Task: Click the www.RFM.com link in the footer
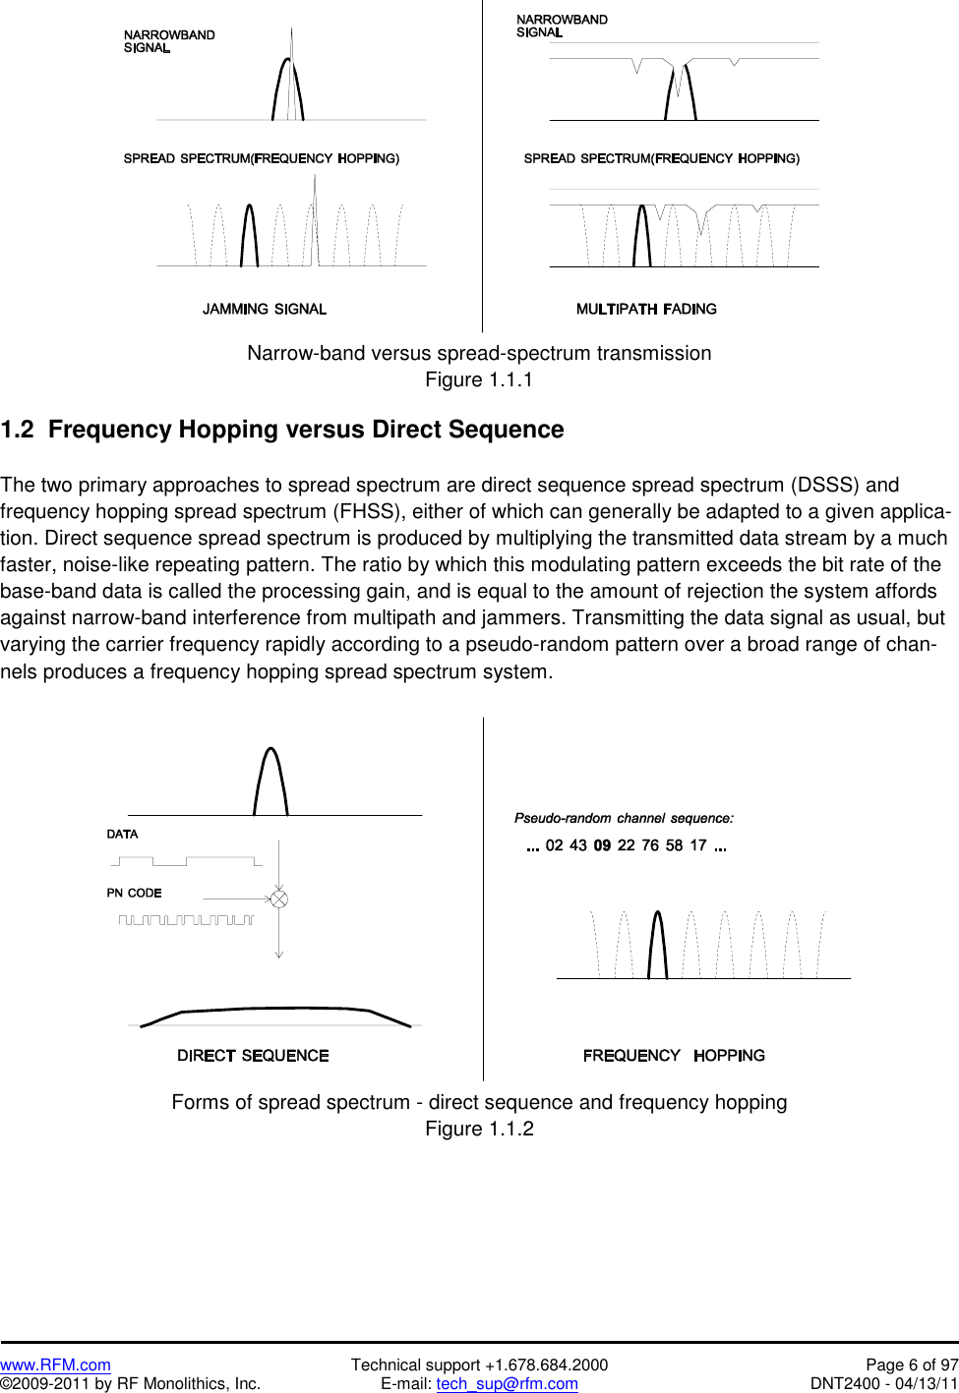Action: click(x=55, y=1364)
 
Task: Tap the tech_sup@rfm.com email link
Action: click(x=507, y=1384)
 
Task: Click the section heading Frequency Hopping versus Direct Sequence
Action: click(x=306, y=430)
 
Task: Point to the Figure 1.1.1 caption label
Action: click(x=479, y=379)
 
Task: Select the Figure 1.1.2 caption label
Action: click(x=479, y=1129)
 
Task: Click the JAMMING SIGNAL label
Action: click(x=265, y=309)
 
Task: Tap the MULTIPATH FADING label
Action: click(x=646, y=309)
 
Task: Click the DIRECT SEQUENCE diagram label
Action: click(x=253, y=1056)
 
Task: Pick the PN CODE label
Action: click(x=134, y=893)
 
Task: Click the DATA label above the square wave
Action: click(x=123, y=834)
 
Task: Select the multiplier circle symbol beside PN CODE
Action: click(x=279, y=899)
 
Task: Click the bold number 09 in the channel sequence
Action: click(x=602, y=845)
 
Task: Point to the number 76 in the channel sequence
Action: click(x=650, y=845)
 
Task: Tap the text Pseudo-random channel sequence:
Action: click(x=624, y=818)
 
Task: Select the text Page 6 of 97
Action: click(x=911, y=1364)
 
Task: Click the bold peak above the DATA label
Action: click(x=270, y=782)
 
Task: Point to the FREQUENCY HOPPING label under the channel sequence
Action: click(x=674, y=1056)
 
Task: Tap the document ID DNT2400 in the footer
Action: click(x=844, y=1384)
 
